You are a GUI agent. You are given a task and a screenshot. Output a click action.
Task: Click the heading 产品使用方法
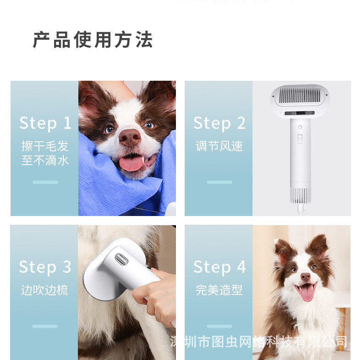tap(93, 40)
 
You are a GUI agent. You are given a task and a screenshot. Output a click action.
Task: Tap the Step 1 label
tap(45, 123)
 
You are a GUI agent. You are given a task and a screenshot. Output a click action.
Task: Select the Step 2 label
tap(219, 123)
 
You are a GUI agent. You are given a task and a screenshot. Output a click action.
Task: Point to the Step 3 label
tap(45, 267)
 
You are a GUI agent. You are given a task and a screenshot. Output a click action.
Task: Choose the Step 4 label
tap(219, 267)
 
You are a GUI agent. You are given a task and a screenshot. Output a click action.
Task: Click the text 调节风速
tap(219, 146)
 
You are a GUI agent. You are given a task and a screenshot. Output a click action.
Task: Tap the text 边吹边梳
tap(44, 290)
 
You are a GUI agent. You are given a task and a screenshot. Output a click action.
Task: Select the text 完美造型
tap(219, 290)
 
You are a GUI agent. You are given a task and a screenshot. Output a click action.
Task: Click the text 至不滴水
tap(45, 161)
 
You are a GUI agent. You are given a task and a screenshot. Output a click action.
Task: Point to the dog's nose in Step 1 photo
tap(130, 137)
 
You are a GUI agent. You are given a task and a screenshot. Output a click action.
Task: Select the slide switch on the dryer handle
tap(300, 138)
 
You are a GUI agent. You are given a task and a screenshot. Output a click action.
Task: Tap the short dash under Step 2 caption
tap(219, 182)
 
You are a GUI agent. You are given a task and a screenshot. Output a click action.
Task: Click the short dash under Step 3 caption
tap(45, 326)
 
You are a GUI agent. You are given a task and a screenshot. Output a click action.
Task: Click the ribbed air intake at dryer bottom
tap(301, 195)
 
